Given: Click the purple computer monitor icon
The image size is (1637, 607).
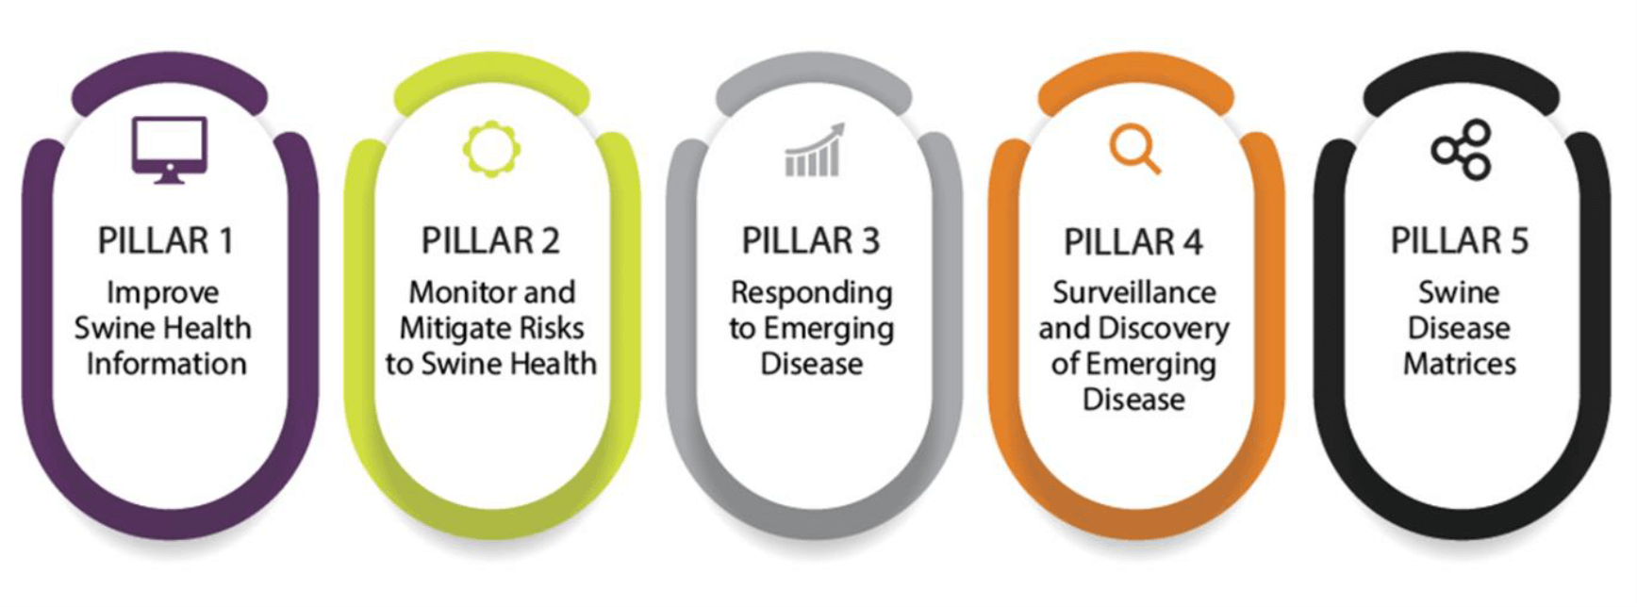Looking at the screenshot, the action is point(170,150).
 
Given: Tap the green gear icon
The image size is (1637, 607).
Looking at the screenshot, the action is point(491,149).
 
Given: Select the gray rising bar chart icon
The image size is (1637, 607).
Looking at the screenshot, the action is point(814,150).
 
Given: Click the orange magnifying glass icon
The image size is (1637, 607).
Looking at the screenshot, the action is point(1134,149).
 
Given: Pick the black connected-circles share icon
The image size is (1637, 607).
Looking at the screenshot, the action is point(1462,149).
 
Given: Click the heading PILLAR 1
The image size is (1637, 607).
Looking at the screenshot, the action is point(166,241).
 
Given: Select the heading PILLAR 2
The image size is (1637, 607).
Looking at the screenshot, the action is point(490,241).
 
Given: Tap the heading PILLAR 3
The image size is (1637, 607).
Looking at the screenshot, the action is point(811,241).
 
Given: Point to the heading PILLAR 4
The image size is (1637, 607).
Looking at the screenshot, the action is point(1133,242).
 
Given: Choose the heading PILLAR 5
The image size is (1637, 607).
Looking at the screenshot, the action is point(1460,241).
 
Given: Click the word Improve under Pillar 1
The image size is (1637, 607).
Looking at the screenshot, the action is point(163,294).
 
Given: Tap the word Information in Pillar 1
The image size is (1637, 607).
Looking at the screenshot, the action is point(167,364).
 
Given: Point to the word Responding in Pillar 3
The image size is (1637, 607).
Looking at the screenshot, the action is point(812,294).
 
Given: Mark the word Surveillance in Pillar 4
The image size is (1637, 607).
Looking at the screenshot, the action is point(1134,292).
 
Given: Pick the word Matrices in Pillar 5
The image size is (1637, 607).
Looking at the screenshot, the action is point(1460,364).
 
